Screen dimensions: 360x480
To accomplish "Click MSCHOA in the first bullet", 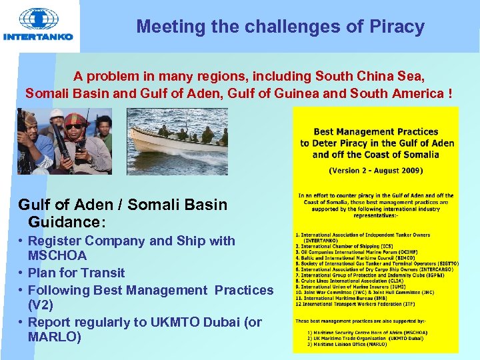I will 57,256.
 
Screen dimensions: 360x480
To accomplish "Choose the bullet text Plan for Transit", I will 76,273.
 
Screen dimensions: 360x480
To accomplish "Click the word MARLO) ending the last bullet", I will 55,337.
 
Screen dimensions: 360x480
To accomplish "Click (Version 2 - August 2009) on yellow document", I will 376,170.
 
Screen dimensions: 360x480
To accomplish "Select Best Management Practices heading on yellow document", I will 376,132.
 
